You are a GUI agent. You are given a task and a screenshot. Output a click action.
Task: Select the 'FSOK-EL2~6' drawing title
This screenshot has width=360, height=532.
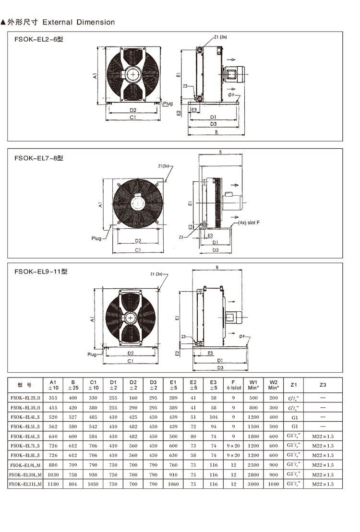coord(39,40)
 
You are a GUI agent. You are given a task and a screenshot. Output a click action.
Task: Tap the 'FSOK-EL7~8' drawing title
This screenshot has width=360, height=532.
coord(39,158)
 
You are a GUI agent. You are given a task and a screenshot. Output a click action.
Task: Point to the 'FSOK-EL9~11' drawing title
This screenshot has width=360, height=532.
coord(41,271)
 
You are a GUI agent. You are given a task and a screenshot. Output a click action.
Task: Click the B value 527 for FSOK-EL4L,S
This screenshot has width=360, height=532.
coord(73,417)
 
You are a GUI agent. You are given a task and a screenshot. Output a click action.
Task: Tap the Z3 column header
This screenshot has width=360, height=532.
coord(323,384)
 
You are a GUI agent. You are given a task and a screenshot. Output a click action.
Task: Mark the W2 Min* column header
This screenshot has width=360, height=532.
coord(274,384)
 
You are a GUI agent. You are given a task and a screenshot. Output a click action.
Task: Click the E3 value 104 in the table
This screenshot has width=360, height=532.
coord(213,417)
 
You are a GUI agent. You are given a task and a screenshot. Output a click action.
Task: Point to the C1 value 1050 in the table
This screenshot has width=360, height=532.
coord(93,484)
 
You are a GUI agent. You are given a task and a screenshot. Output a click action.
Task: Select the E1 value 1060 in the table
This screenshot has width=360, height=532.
coord(173,484)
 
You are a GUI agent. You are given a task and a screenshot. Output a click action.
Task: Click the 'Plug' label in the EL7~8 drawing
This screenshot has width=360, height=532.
coord(96,238)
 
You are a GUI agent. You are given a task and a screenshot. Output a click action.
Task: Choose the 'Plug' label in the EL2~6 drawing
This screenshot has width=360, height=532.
coord(168,104)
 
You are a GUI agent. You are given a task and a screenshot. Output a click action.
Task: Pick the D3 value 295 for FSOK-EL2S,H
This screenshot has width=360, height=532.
coord(153,398)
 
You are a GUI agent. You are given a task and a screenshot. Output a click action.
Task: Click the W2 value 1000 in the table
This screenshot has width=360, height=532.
coord(274,484)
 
